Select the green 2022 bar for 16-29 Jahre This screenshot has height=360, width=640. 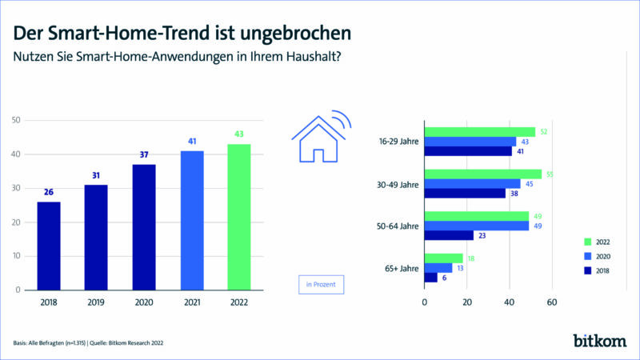479,132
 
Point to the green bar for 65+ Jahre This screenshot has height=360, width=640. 443,258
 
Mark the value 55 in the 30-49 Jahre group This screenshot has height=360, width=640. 548,174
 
